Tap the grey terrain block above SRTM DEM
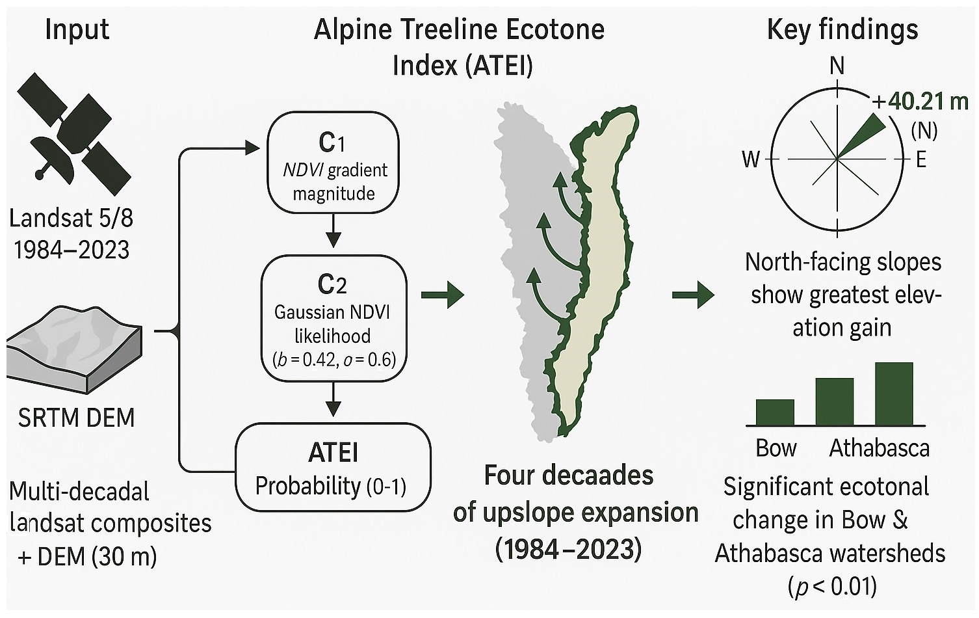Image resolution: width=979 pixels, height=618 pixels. click(x=74, y=350)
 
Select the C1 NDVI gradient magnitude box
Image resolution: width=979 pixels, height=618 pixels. click(x=333, y=162)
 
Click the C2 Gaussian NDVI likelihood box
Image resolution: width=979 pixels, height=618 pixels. click(x=334, y=318)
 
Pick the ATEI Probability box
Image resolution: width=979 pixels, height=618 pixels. click(x=333, y=467)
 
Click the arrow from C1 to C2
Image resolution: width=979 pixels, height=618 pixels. click(x=333, y=230)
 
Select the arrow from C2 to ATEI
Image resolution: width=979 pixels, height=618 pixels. click(x=333, y=399)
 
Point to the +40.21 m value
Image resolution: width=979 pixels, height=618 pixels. click(x=920, y=101)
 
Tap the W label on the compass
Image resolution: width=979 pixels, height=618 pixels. click(x=751, y=159)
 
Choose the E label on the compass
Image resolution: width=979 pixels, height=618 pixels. click(x=921, y=160)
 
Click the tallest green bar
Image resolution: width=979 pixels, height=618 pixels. click(x=894, y=394)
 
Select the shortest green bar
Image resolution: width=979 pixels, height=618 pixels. click(x=775, y=412)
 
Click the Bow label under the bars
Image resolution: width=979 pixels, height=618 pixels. click(x=776, y=448)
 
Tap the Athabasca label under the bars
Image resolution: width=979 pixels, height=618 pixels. click(x=880, y=448)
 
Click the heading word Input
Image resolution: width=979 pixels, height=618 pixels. click(x=77, y=30)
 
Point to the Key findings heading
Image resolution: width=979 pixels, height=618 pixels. click(x=842, y=30)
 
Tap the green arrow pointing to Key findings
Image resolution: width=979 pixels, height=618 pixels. click(x=693, y=295)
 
